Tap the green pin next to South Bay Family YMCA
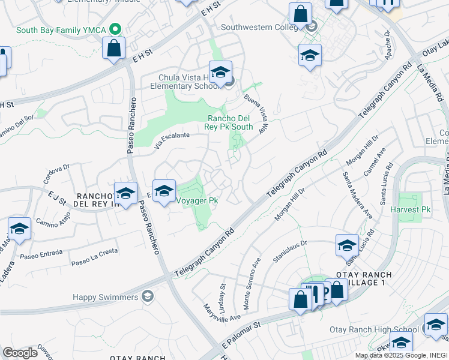click(x=118, y=29)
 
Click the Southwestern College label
click(x=259, y=27)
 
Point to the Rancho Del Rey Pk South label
click(x=230, y=122)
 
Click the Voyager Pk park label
click(x=196, y=201)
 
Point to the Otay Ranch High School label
click(x=374, y=330)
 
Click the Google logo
click(x=20, y=353)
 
